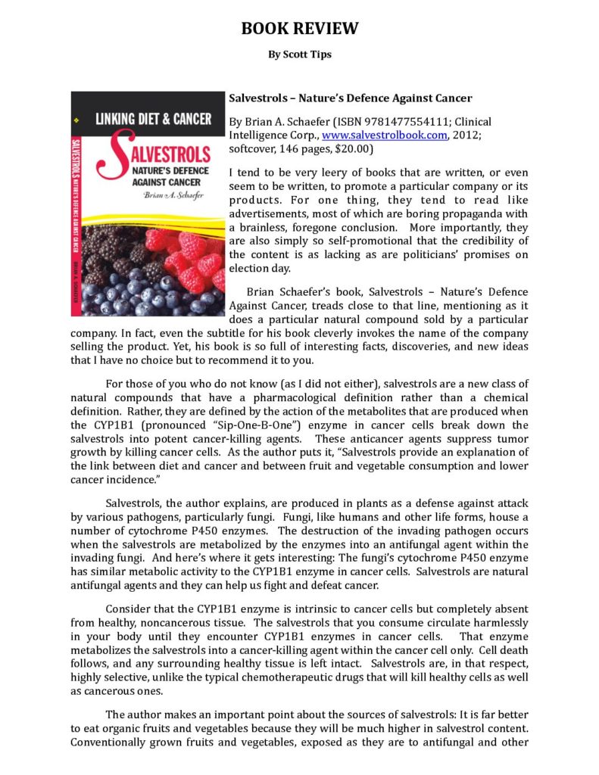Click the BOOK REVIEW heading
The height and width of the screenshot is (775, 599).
[299, 29]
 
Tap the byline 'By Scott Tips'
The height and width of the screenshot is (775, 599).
[299, 54]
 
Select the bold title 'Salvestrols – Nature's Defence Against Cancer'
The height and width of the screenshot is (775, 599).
[350, 98]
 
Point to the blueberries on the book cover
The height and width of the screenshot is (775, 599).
[129, 291]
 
